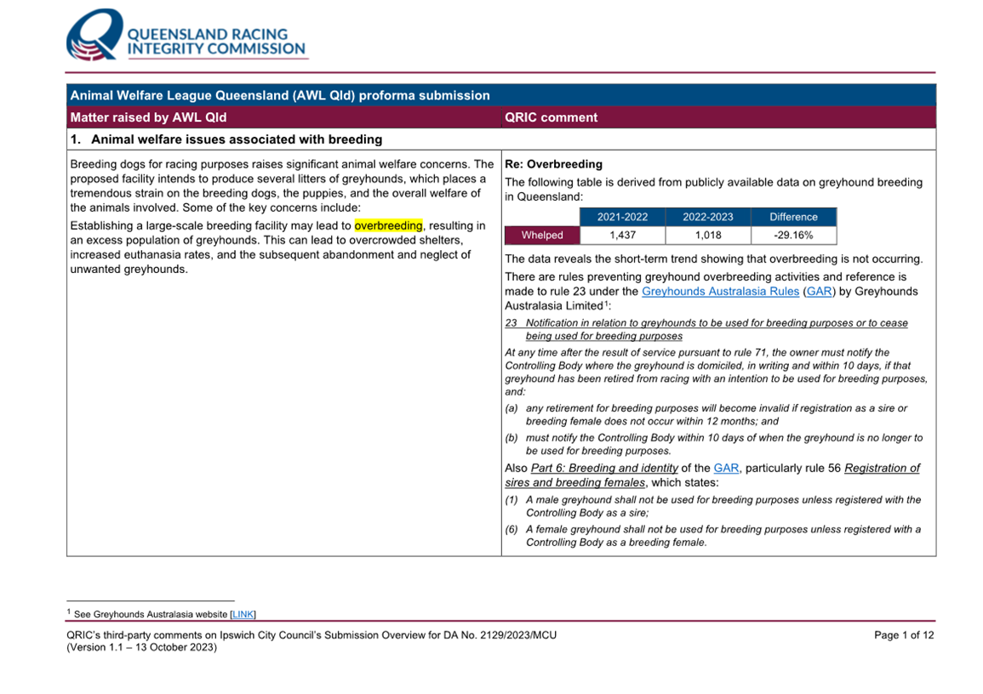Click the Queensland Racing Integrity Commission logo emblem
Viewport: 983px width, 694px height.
tap(94, 36)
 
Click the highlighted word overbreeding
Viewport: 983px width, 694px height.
tap(388, 226)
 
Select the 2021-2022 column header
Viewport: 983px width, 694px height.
tap(622, 217)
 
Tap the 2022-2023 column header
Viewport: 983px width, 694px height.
tap(707, 217)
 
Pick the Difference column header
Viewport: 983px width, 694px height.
tap(793, 217)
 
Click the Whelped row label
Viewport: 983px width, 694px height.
tap(542, 236)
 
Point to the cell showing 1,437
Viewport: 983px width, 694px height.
tap(622, 236)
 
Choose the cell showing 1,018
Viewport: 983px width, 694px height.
tap(707, 236)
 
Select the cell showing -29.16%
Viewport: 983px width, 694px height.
tap(793, 236)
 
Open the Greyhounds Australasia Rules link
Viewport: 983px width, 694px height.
tap(720, 292)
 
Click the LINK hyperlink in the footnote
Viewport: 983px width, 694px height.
tap(243, 614)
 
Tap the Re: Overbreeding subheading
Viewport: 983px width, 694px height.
tap(553, 164)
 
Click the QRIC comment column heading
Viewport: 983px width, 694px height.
tap(552, 117)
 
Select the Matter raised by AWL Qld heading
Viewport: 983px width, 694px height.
tap(148, 117)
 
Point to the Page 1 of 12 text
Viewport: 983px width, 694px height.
tap(904, 635)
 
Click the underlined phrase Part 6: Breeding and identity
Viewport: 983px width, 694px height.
tap(604, 469)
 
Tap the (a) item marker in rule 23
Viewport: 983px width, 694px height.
tap(512, 408)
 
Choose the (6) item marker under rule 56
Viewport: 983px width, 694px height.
tap(512, 529)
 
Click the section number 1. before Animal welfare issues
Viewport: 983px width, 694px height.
tap(77, 139)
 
